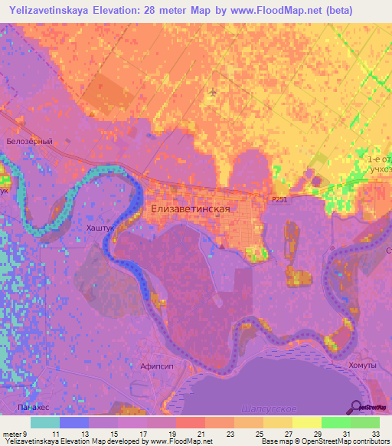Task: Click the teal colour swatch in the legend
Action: pyautogui.click(x=45, y=422)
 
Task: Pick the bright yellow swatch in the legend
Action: pyautogui.click(x=307, y=422)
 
